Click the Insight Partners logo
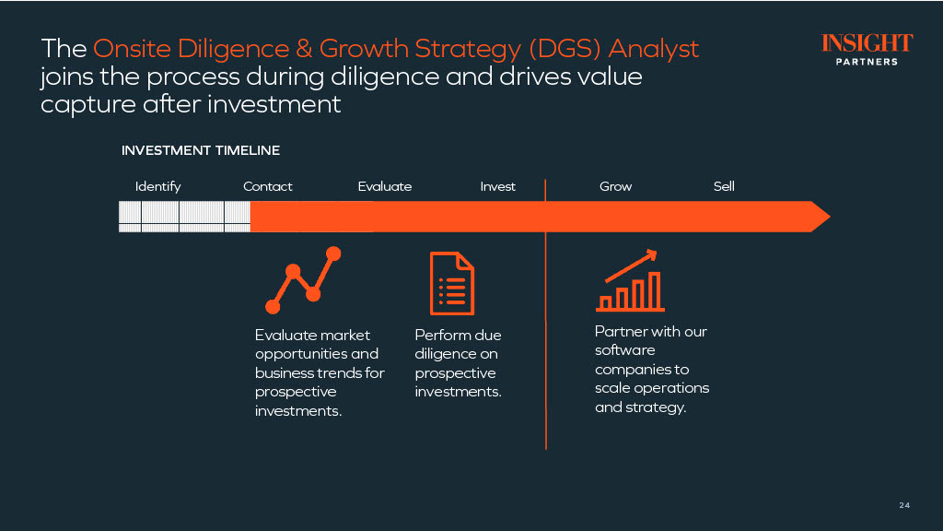click(867, 50)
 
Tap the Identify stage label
click(157, 186)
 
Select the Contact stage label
click(268, 186)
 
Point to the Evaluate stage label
click(385, 186)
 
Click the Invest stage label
click(498, 186)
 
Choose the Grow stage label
click(616, 186)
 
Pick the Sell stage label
click(724, 186)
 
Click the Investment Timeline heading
click(201, 150)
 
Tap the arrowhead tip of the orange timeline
click(830, 217)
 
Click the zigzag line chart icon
click(304, 280)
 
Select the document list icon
click(452, 284)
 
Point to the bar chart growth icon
click(630, 280)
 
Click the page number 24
click(904, 505)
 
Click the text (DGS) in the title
click(565, 49)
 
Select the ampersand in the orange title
click(304, 49)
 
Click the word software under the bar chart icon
click(625, 350)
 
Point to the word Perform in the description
click(440, 336)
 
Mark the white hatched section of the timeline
click(184, 217)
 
